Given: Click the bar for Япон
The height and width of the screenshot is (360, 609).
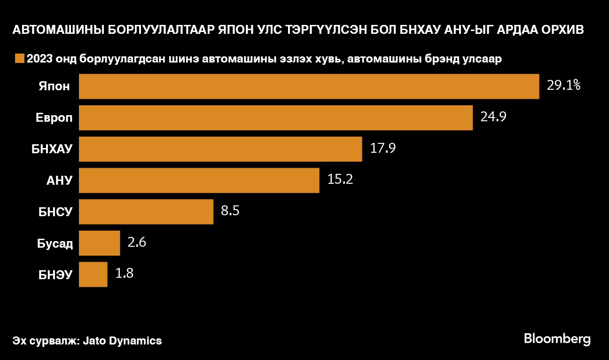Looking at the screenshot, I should point(309,86).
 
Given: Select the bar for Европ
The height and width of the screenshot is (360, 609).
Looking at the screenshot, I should point(275,117).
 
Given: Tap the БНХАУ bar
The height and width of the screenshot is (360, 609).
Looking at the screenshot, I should point(220,149).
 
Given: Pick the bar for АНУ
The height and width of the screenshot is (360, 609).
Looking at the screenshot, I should point(199,180).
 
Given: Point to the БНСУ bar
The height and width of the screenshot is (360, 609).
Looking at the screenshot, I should point(146,211).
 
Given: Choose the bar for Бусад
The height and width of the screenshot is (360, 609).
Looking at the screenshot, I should point(99,243).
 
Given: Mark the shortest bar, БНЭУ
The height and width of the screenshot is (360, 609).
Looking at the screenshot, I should point(93,274).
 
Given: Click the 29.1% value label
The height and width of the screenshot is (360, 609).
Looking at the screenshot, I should point(564,86).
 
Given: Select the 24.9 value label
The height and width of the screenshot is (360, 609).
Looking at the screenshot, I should point(493,117).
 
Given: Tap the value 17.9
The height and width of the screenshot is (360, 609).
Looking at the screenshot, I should point(383,149).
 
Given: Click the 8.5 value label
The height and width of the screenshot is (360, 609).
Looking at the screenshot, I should point(230,211).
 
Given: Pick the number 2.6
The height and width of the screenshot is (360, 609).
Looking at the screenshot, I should point(137,243).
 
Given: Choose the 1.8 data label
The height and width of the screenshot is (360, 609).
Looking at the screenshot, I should point(125,274).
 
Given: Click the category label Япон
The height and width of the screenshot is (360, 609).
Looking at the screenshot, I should point(55,86).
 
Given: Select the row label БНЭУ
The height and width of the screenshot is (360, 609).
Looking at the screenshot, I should point(55,274).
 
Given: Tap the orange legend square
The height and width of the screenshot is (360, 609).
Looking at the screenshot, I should point(19,59).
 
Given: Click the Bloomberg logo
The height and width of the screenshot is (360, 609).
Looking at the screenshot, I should point(557,339).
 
